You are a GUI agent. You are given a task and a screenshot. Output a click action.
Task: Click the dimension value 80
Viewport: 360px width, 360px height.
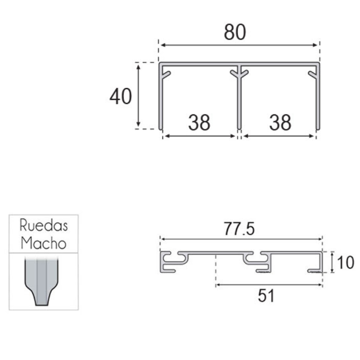click(235, 33)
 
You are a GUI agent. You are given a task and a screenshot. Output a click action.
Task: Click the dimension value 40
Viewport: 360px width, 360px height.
click(121, 97)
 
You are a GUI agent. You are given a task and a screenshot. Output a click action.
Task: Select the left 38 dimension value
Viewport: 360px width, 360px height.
click(199, 122)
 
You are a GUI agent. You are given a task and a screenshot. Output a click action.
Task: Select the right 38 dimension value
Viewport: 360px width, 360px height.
click(280, 122)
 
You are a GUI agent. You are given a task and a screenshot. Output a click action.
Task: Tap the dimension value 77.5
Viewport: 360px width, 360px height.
click(239, 229)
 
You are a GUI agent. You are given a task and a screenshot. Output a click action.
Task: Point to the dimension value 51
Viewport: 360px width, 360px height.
click(266, 296)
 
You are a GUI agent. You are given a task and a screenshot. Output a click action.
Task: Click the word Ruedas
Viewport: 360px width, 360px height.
click(44, 225)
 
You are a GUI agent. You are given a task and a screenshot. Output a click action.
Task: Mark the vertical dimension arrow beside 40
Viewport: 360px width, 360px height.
click(139, 95)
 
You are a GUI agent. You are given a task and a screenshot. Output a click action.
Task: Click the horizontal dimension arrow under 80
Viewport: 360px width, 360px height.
click(239, 45)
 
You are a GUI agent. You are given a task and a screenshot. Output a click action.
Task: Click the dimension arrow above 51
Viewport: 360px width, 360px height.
click(269, 285)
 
